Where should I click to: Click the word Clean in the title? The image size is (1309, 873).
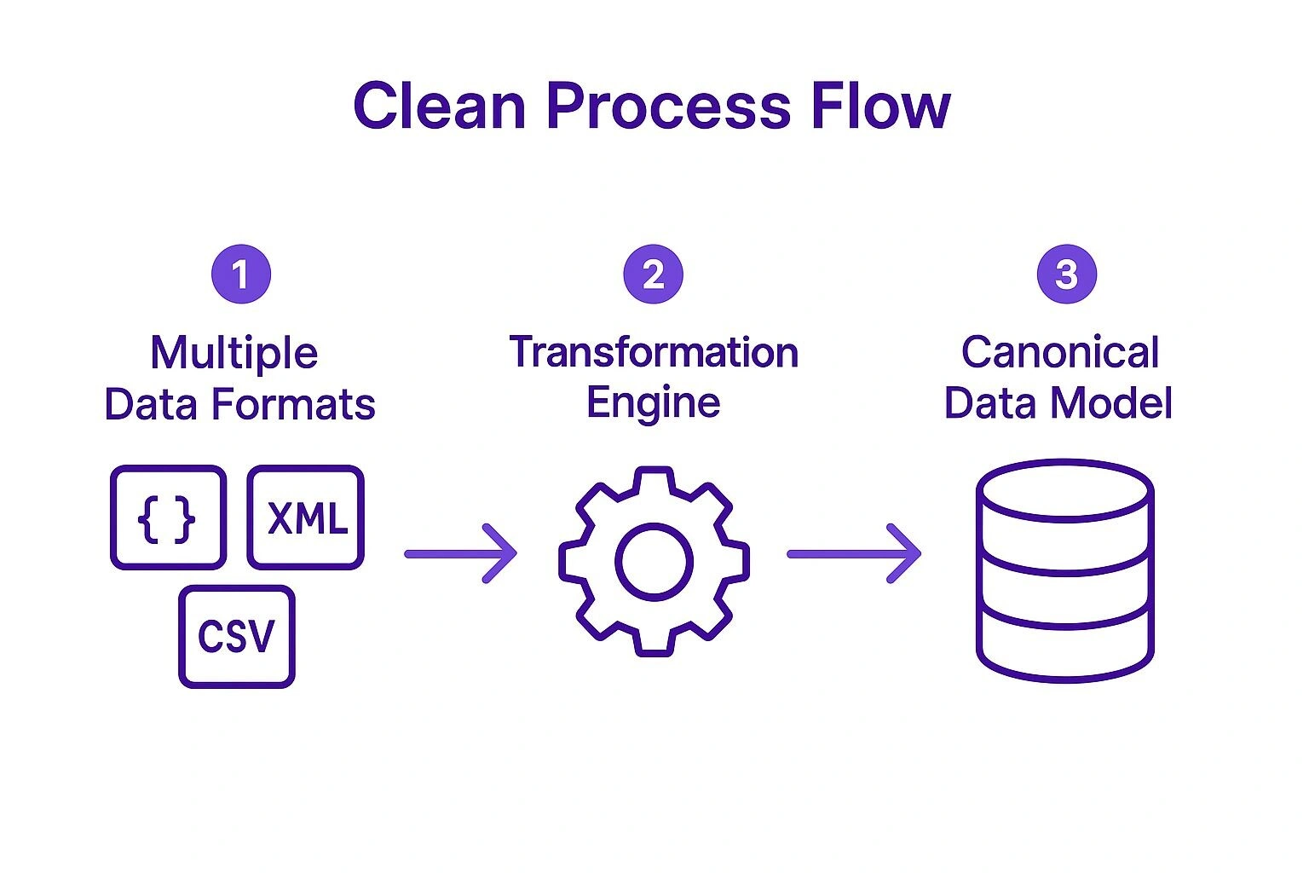tap(439, 106)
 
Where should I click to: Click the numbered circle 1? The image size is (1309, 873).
tap(241, 275)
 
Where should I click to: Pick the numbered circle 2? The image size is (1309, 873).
tap(654, 275)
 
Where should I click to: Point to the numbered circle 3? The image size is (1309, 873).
tap(1066, 275)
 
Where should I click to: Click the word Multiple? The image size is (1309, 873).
tap(234, 353)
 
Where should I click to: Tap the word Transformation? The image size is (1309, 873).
tap(654, 352)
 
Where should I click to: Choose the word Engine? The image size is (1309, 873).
tap(654, 402)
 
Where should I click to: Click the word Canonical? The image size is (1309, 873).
tap(1060, 352)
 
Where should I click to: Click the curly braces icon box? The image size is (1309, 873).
tap(168, 517)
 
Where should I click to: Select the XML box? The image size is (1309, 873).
tap(306, 517)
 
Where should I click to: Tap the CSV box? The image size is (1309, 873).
tap(236, 636)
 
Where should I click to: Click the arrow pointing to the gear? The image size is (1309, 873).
tap(460, 554)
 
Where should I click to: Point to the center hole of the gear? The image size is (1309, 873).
tap(654, 562)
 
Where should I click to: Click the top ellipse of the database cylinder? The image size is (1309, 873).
tap(1064, 489)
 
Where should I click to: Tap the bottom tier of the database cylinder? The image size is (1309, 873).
tap(1064, 648)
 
